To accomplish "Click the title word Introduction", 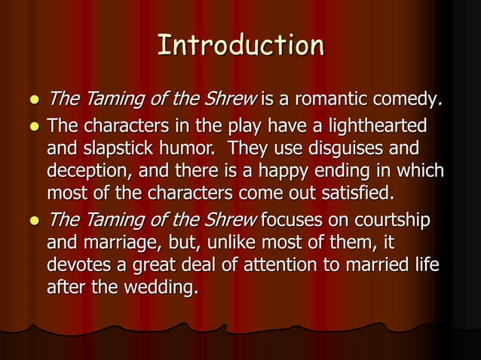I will pyautogui.click(x=240, y=46).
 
